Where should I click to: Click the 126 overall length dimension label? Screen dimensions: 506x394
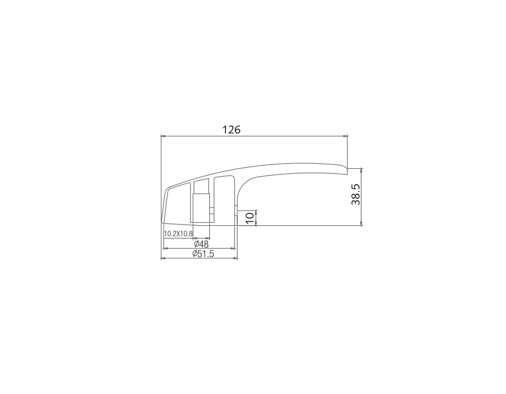[x=232, y=129]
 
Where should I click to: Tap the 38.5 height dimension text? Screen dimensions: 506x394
[x=356, y=195]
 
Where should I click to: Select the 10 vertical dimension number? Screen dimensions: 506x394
[x=250, y=218]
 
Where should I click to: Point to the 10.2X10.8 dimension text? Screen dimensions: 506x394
[x=178, y=234]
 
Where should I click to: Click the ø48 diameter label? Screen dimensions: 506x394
[x=201, y=244]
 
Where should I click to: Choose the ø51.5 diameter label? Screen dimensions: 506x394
[x=204, y=254]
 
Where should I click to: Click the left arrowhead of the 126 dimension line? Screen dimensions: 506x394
[x=163, y=136]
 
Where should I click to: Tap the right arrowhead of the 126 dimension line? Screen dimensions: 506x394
[x=345, y=136]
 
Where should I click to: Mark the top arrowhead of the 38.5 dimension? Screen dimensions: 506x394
[x=361, y=170]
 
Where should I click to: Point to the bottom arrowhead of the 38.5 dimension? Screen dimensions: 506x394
[x=361, y=223]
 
